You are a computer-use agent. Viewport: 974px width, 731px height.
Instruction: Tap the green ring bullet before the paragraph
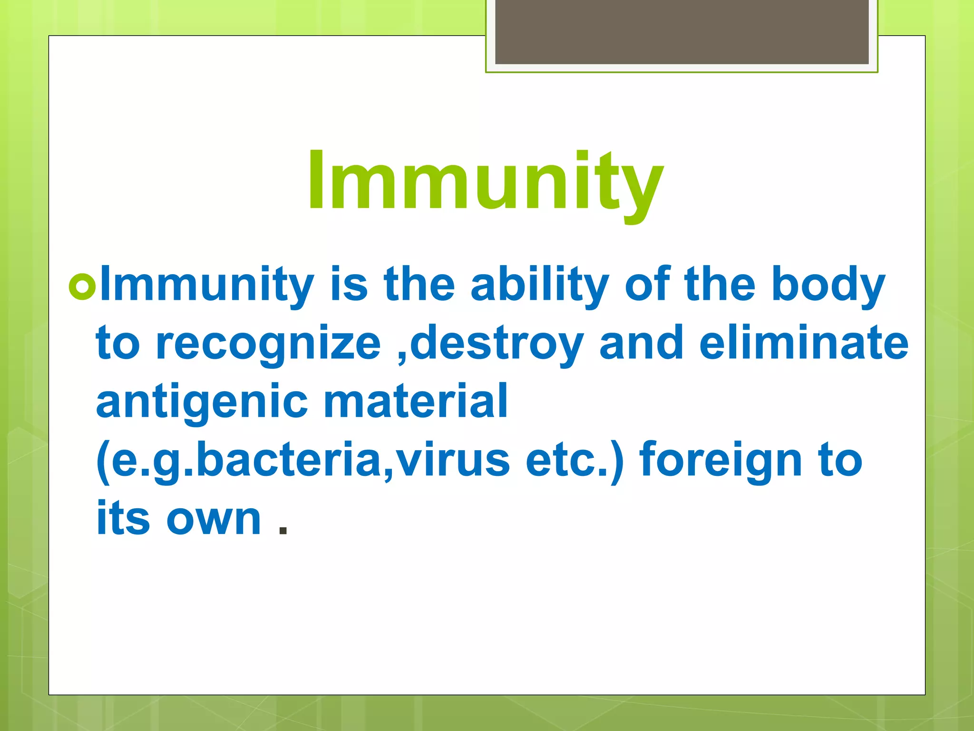(82, 286)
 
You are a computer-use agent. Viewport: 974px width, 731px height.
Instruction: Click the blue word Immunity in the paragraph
(207, 286)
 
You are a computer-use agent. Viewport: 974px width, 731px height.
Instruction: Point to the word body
(828, 286)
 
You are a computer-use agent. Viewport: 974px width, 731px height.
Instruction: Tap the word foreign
(721, 461)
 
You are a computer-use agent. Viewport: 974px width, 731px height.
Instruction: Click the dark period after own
(283, 530)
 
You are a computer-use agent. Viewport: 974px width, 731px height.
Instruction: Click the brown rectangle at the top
(682, 32)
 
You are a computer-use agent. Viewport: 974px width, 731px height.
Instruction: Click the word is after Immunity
(349, 286)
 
